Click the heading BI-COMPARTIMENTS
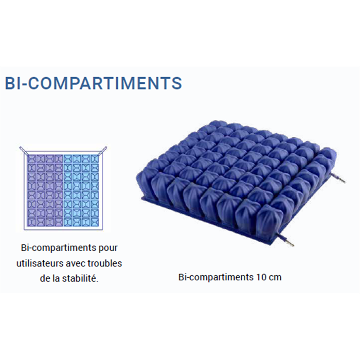click(x=94, y=83)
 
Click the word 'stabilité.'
click(x=80, y=279)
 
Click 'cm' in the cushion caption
click(x=275, y=277)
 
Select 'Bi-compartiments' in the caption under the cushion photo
click(x=216, y=277)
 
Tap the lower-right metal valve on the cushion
click(x=286, y=240)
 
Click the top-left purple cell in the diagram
click(x=32, y=158)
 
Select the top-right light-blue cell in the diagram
click(x=95, y=158)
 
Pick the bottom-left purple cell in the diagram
click(x=32, y=222)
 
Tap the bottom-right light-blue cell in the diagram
click(x=95, y=222)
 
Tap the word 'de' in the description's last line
click(x=45, y=279)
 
